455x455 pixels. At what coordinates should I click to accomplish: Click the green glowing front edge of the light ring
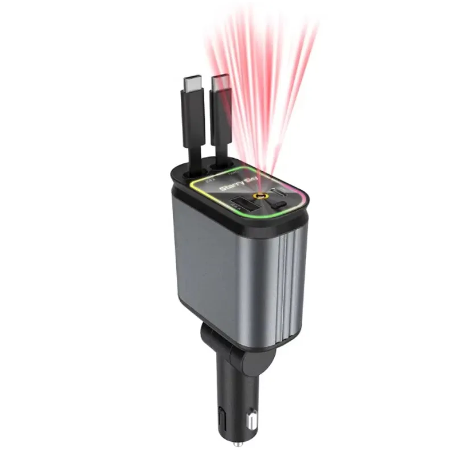pos(245,217)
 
